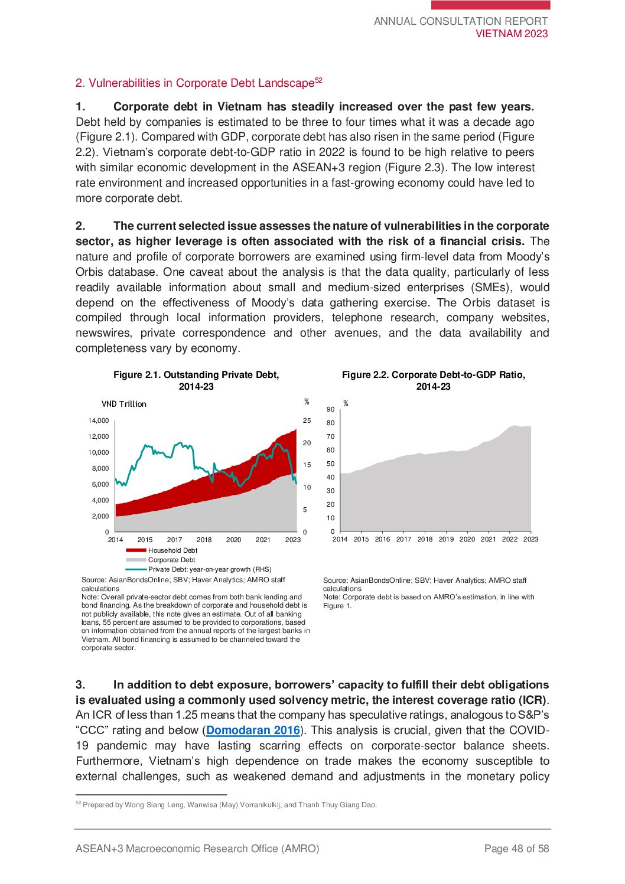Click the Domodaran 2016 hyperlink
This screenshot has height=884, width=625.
click(x=253, y=730)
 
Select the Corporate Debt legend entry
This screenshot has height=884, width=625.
click(x=171, y=560)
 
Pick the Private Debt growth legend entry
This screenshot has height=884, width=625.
click(x=209, y=569)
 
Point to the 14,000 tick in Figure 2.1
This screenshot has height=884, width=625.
click(x=99, y=420)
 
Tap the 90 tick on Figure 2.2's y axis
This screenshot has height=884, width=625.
click(x=330, y=409)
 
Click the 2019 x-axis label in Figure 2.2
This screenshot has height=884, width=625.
click(x=446, y=539)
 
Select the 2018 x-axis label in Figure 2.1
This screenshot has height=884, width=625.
click(x=204, y=540)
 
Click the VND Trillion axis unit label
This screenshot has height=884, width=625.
click(x=123, y=404)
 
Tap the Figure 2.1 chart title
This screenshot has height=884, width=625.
click(x=196, y=380)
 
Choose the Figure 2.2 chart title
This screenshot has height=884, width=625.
click(x=433, y=380)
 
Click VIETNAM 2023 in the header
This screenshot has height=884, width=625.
click(x=512, y=34)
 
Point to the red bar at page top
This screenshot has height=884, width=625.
click(x=490, y=5)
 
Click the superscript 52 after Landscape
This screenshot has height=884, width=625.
click(x=318, y=80)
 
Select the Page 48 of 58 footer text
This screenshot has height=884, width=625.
click(x=516, y=849)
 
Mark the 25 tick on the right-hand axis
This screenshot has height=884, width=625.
click(x=307, y=420)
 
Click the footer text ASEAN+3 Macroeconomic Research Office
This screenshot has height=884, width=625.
click(x=197, y=849)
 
